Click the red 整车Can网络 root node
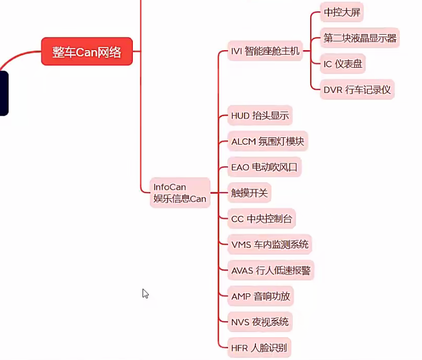coord(87,52)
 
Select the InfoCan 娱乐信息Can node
coord(180,193)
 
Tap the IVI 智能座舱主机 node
coord(265,51)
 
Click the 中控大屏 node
coord(342,12)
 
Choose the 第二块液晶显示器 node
coord(359,38)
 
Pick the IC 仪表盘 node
coord(342,64)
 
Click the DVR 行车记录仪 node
coord(357,90)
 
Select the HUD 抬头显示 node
coord(259,116)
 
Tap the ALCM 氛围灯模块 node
coord(267,141)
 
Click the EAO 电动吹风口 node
coord(263,167)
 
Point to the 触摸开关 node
coord(249,193)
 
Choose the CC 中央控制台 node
coord(262,219)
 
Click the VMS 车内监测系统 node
coord(270,244)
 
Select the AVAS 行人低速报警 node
coord(270,271)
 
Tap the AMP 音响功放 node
coord(260,296)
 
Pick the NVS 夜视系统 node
coord(259,322)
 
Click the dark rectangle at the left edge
coord(3,93)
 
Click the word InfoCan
coord(170,187)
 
